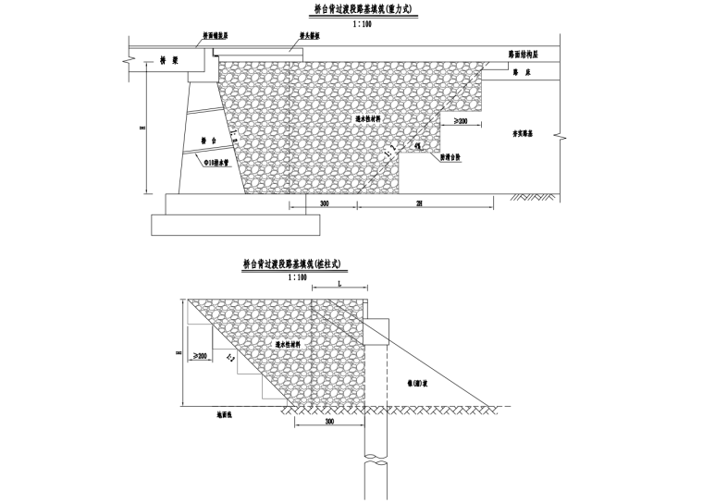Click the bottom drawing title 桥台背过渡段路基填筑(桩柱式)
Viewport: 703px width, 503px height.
[x=298, y=264]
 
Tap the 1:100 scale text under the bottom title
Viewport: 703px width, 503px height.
[x=297, y=276]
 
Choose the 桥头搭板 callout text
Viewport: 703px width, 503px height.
[x=310, y=35]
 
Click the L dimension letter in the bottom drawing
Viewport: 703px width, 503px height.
[x=339, y=287]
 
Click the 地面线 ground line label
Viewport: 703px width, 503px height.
[x=222, y=414]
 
